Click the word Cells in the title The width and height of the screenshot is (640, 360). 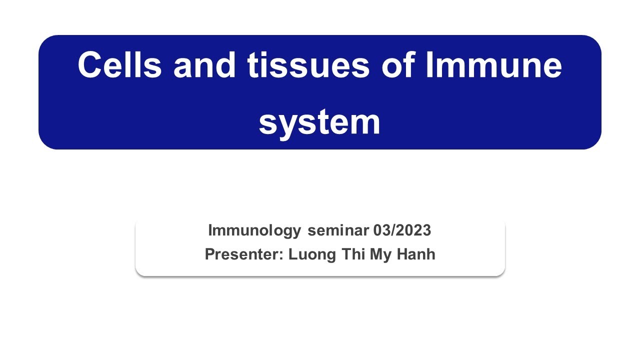pos(119,65)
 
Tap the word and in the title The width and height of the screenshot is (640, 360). pos(204,65)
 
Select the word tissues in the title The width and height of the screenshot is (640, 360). pos(308,65)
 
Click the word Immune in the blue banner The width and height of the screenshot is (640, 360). pos(493,65)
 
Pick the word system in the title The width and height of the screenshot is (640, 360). pos(319,122)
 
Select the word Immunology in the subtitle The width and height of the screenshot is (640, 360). pos(254,230)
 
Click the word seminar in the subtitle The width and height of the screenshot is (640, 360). pos(338,230)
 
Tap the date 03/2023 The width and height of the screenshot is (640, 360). pos(402,230)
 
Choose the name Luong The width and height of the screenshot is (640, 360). pos(312,254)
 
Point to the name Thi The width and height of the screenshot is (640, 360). pos(353,254)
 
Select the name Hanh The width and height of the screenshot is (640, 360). pos(416,254)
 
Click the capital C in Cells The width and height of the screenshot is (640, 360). pos(90,65)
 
